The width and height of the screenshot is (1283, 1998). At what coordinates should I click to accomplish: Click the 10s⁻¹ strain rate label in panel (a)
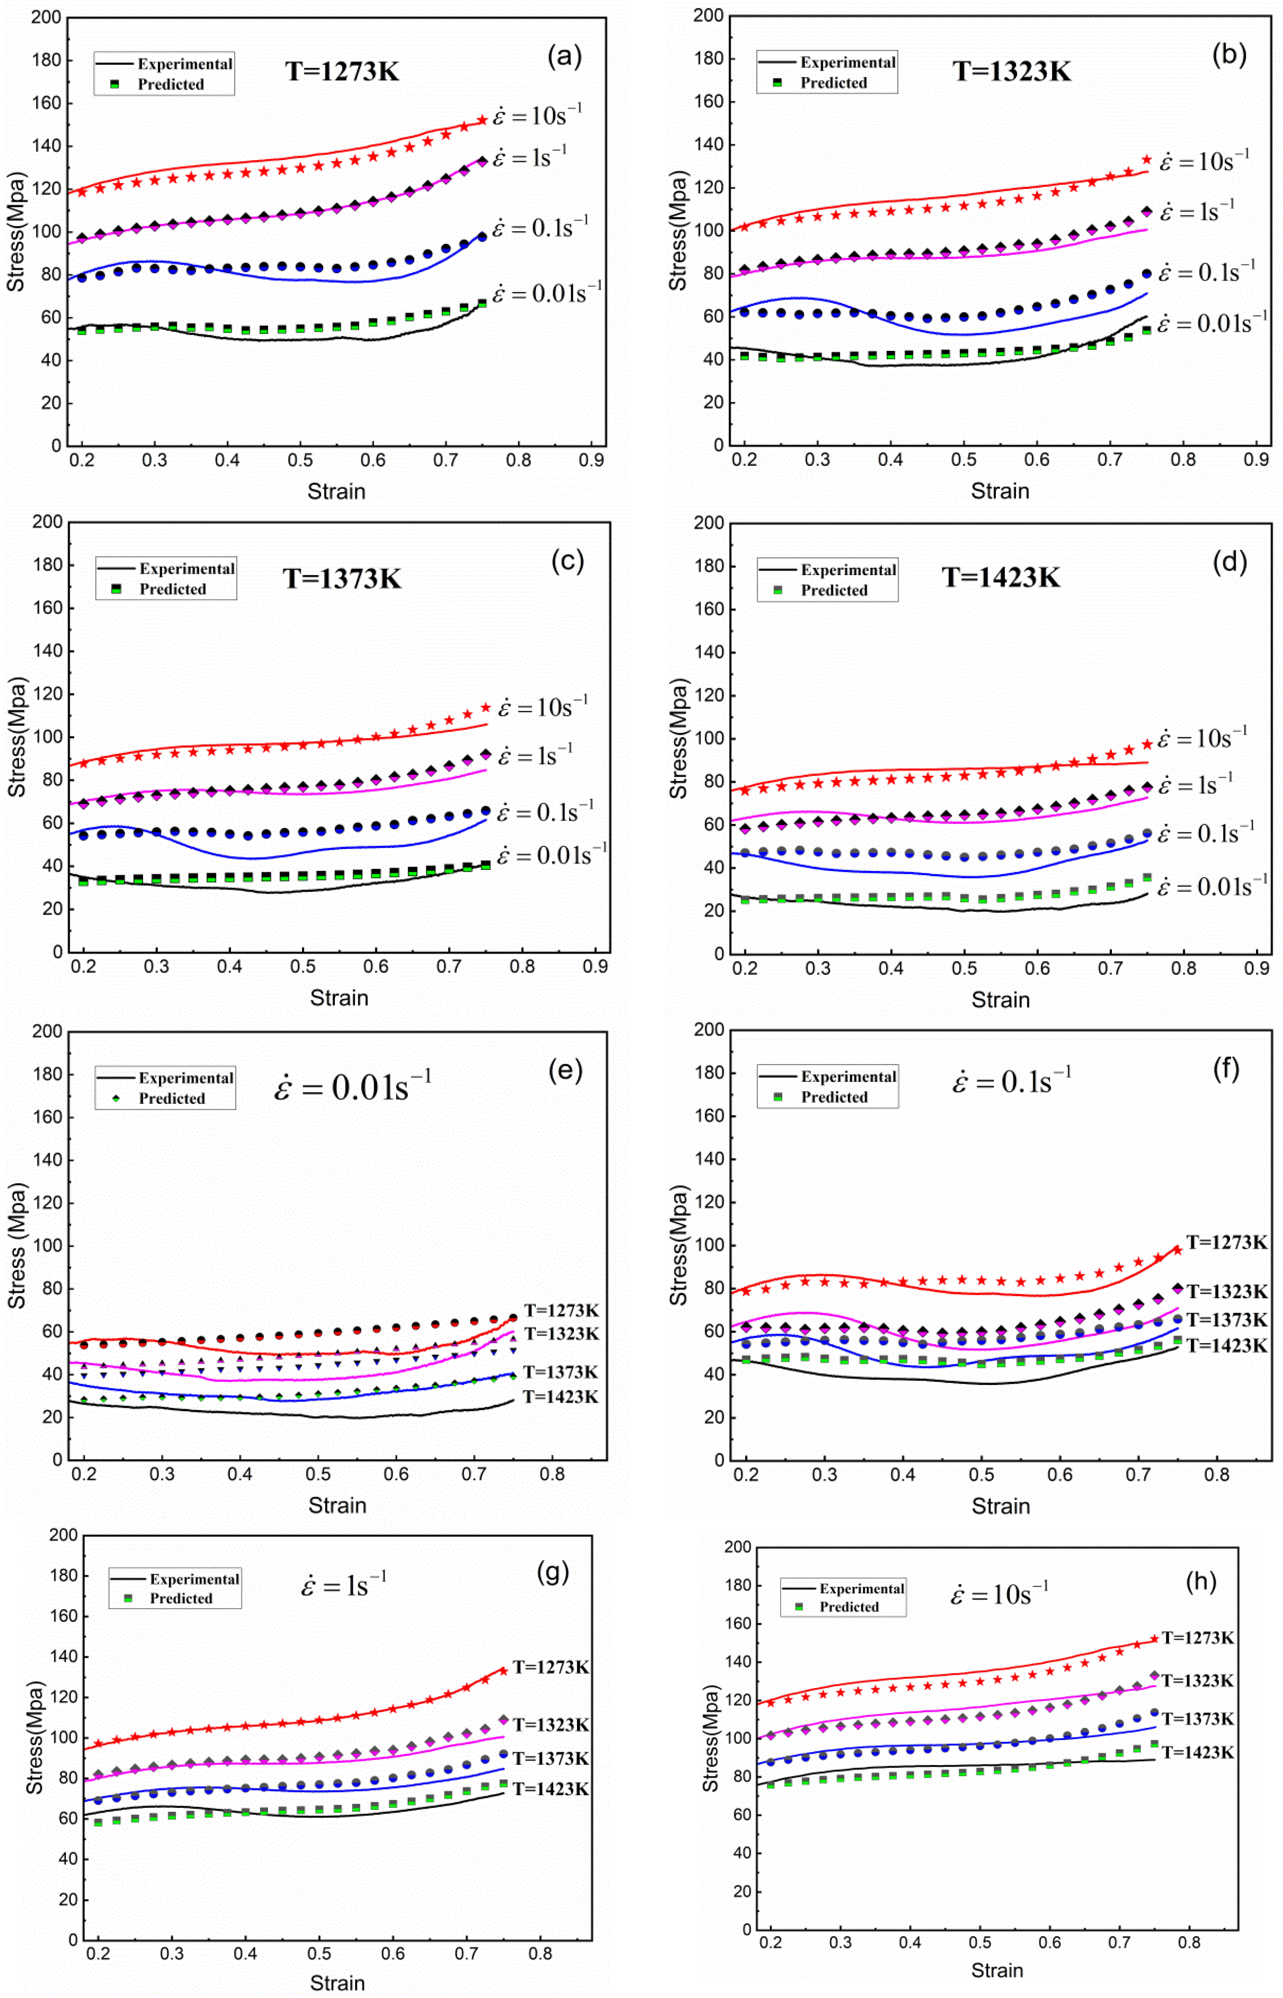pos(537,115)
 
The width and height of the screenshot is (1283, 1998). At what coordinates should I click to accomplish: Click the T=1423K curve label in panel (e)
pos(561,1397)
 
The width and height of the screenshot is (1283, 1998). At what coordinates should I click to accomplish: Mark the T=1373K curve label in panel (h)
pos(1197,1718)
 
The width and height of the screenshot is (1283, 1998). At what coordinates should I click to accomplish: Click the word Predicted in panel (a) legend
pos(171,84)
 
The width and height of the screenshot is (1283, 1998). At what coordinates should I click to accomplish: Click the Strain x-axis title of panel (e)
pos(337,1506)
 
